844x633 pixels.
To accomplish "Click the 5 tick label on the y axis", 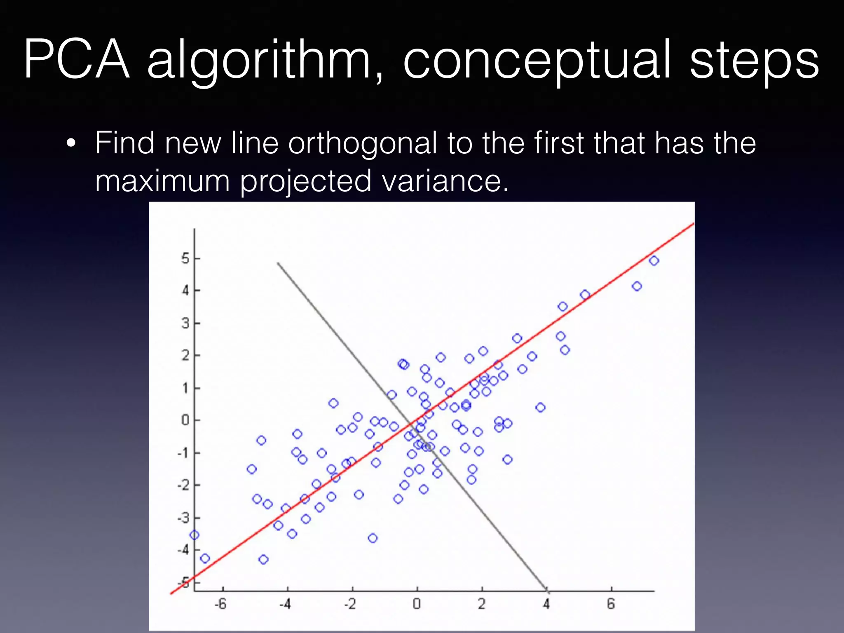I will point(185,258).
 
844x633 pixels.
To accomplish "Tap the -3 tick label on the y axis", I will point(183,518).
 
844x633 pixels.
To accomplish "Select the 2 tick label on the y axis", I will point(185,355).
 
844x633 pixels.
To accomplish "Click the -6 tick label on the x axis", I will point(220,604).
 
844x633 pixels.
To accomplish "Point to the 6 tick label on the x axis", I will point(611,604).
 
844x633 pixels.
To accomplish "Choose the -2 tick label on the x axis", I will point(350,604).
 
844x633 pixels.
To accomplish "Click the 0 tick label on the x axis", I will point(417,604).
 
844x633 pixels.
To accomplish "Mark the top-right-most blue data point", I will point(654,260).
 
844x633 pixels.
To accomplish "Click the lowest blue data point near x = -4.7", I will point(263,559).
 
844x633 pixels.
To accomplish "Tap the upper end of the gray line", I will point(278,263).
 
